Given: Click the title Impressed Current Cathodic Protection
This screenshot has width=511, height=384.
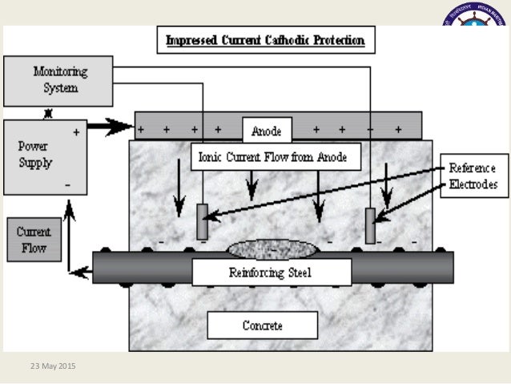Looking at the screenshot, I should coord(265,39).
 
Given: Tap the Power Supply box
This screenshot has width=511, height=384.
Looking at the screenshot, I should coord(46,158).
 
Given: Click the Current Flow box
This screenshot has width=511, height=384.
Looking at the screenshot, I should coord(34,239).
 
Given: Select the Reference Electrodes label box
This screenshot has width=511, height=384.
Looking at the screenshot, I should coord(473,176).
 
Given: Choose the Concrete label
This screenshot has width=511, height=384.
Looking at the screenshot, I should coord(263,325).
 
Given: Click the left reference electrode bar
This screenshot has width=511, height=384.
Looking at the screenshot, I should coord(203,222).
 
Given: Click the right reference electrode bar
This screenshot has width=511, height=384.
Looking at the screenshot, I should coord(370,226).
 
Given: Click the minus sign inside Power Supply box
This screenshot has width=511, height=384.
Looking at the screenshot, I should coord(69,184).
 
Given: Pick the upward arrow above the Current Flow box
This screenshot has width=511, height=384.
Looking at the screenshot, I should coord(70,210).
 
